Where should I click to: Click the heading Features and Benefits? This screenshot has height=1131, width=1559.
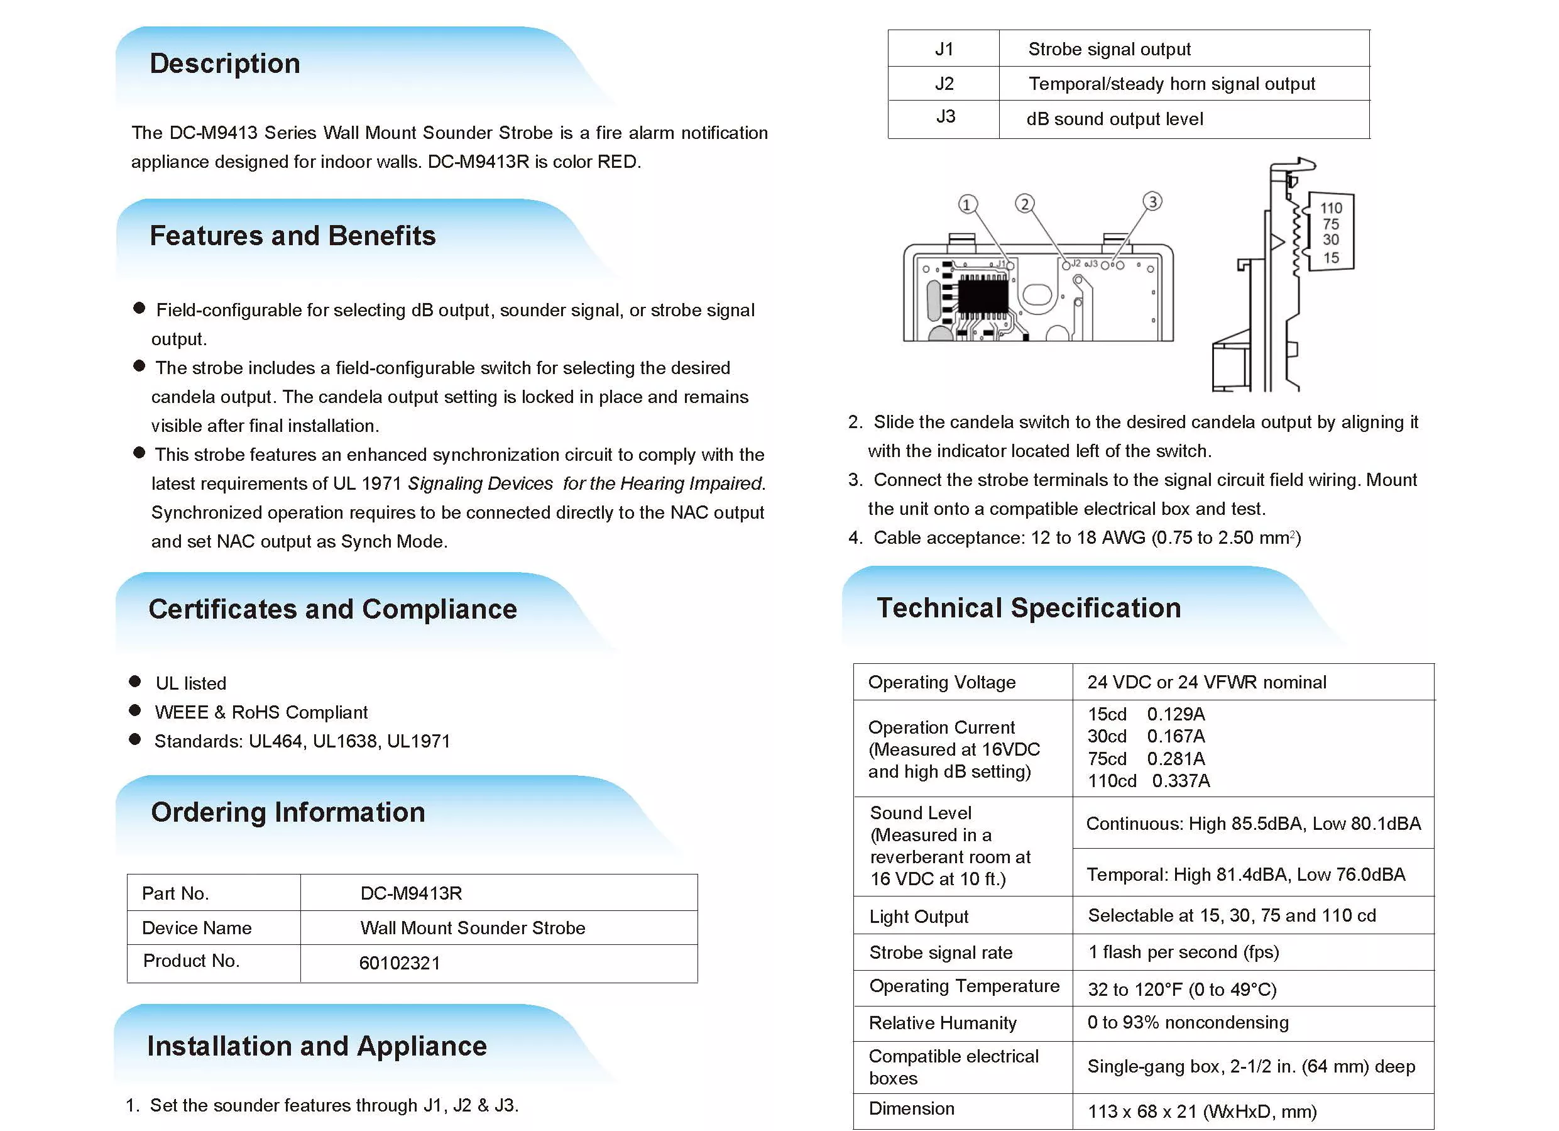click(x=292, y=236)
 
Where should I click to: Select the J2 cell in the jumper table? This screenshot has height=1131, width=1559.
click(x=944, y=84)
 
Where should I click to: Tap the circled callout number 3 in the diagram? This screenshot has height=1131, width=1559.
click(x=1152, y=201)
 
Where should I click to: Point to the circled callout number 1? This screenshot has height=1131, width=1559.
click(x=967, y=204)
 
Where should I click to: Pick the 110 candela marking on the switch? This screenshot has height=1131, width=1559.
click(x=1331, y=207)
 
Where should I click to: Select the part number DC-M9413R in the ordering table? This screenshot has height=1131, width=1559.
click(x=411, y=893)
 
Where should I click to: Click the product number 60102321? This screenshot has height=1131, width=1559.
click(x=400, y=963)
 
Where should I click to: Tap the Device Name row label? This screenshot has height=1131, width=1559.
click(x=197, y=928)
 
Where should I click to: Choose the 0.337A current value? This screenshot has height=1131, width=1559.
click(x=1181, y=781)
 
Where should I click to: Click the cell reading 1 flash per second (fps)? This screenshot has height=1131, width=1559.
click(x=1183, y=952)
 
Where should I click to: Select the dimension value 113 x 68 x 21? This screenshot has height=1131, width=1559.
click(x=1201, y=1112)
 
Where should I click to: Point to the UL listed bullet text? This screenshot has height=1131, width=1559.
click(x=190, y=683)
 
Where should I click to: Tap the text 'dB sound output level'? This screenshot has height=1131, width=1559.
click(x=1114, y=119)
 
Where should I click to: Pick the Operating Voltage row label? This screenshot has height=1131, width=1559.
click(x=942, y=682)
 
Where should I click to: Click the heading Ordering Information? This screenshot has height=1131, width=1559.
click(x=288, y=813)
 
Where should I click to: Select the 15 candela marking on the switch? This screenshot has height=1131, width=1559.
click(x=1331, y=258)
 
